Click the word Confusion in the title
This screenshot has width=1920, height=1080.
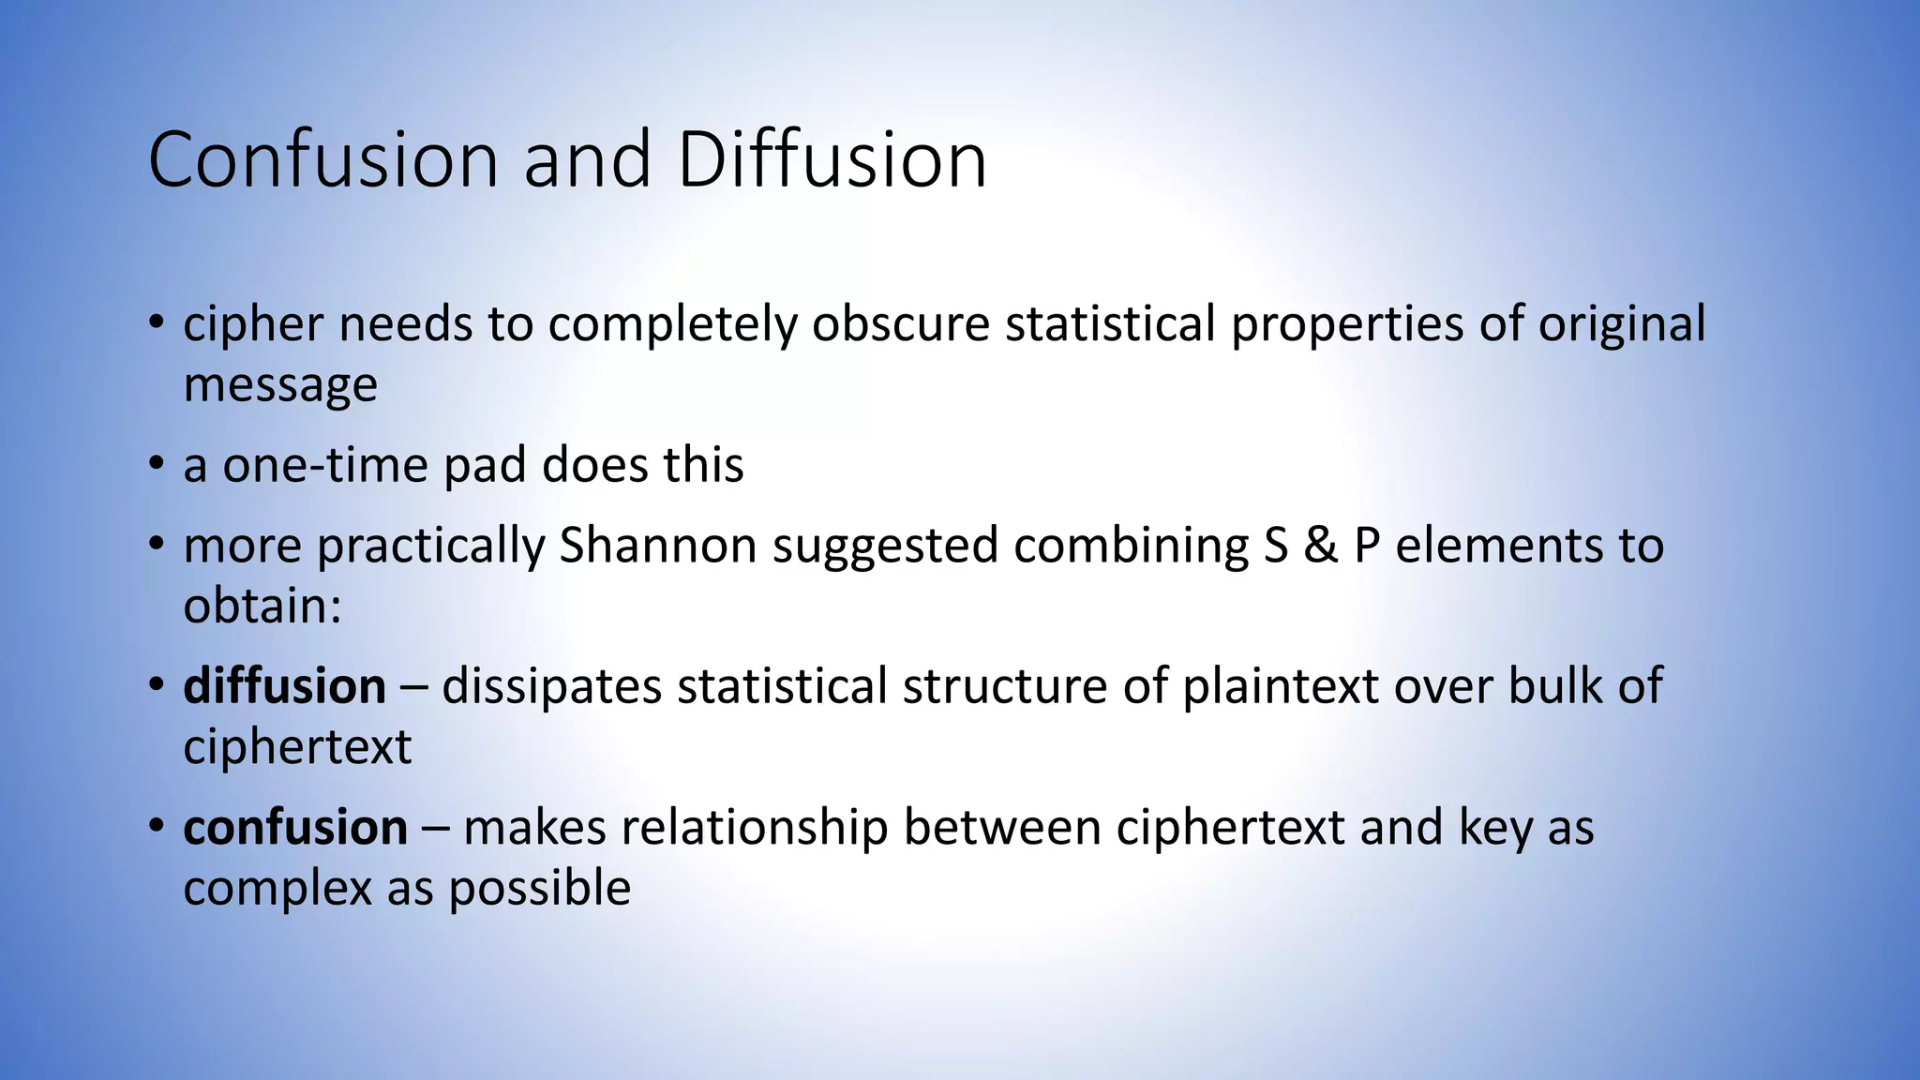[322, 160]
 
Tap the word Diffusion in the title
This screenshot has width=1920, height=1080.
[832, 160]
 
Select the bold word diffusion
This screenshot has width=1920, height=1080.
[284, 686]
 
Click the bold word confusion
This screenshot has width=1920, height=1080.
[295, 828]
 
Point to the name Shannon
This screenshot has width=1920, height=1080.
[657, 546]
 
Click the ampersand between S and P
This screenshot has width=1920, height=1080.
[1320, 546]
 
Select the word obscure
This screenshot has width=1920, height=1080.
[900, 324]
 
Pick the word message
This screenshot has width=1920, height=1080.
[280, 384]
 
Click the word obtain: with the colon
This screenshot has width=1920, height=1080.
[262, 606]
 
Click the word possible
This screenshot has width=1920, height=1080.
[539, 888]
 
